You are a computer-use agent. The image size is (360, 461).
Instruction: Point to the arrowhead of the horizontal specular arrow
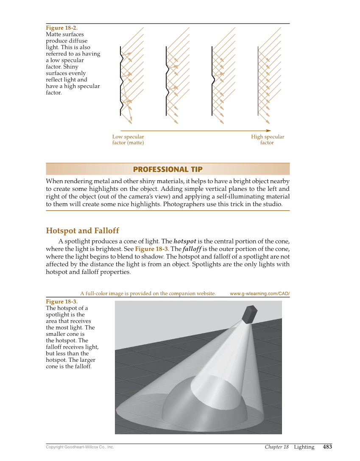[268, 131]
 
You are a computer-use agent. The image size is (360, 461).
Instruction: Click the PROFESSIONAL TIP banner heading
[167, 169]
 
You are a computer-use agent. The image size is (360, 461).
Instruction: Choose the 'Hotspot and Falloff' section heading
[82, 231]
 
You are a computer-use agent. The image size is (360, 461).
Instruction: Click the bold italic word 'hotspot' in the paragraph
[184, 241]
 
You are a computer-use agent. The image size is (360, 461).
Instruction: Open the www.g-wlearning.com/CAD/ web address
[260, 293]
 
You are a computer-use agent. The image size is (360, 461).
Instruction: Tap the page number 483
[327, 447]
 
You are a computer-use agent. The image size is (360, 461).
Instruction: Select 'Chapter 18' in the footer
[276, 447]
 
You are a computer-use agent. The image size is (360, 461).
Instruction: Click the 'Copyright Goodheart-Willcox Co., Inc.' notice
[80, 447]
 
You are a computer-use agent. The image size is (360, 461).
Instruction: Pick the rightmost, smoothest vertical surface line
[258, 81]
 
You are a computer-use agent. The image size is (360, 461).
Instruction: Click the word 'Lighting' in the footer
[304, 447]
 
